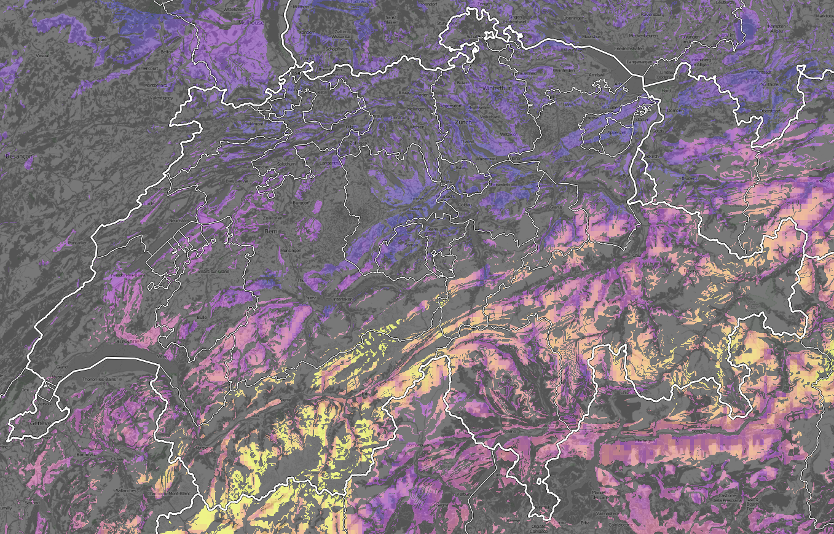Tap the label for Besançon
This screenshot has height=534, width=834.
click(18, 157)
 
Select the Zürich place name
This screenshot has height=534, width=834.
click(463, 123)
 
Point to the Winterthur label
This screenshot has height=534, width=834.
click(496, 88)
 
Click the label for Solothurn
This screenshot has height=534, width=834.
click(287, 164)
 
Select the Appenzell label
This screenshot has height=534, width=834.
click(615, 132)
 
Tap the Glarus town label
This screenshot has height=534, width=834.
click(557, 208)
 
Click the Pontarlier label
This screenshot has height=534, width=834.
click(78, 243)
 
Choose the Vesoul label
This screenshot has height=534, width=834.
click(42, 55)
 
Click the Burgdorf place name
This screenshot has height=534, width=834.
click(302, 202)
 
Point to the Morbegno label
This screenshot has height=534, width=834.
click(645, 441)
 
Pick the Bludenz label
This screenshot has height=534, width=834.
click(690, 178)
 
